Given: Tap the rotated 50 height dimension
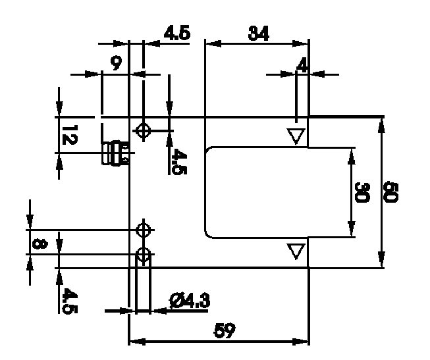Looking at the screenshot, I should (391, 192).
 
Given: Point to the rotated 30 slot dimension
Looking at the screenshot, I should (361, 192).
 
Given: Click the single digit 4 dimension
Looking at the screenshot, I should (302, 65).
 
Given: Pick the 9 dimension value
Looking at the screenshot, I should (116, 64).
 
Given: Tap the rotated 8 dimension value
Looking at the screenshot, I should (39, 244).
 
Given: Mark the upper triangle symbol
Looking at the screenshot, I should (296, 136).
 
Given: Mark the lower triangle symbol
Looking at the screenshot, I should (296, 251).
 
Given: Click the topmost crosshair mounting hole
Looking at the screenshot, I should (143, 130).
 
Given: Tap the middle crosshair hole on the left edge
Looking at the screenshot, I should (143, 230).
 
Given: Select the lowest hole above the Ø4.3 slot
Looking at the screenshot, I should (143, 254).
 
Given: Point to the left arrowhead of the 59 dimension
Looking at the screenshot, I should (132, 341).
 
